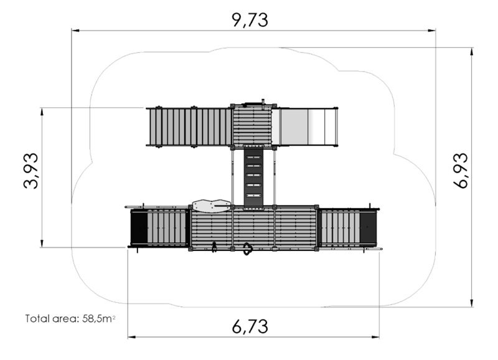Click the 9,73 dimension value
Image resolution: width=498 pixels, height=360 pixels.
250,20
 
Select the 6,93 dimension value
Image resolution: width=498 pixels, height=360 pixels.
460,171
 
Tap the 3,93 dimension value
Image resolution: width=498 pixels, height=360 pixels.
31,171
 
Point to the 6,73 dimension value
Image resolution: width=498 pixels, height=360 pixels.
250,326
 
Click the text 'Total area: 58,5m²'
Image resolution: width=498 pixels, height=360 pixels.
70,318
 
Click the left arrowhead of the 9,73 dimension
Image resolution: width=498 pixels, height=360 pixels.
75,31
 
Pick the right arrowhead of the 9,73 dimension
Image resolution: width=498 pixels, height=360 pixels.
431,31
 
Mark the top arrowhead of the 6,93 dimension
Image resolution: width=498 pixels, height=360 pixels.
472,52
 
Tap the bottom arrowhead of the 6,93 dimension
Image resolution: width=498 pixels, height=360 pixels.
472,303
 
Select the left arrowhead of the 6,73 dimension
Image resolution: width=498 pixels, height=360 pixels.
131,337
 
